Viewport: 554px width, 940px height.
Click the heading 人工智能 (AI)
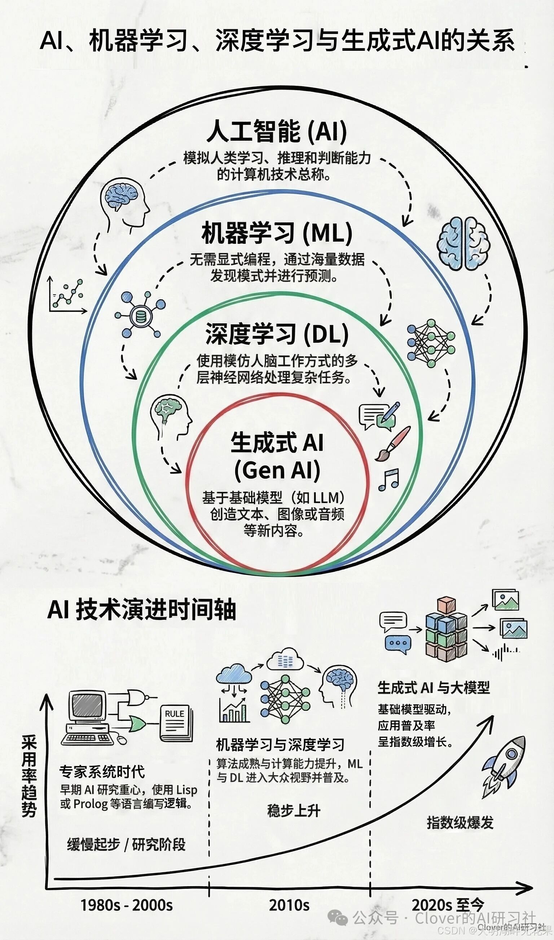[277, 132]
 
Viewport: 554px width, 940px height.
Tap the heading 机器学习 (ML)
[277, 233]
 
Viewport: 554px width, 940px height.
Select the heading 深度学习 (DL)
[277, 334]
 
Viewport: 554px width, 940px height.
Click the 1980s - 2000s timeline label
[127, 905]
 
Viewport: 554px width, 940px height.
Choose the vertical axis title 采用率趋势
[29, 776]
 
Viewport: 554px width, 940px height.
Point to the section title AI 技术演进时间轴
[142, 610]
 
